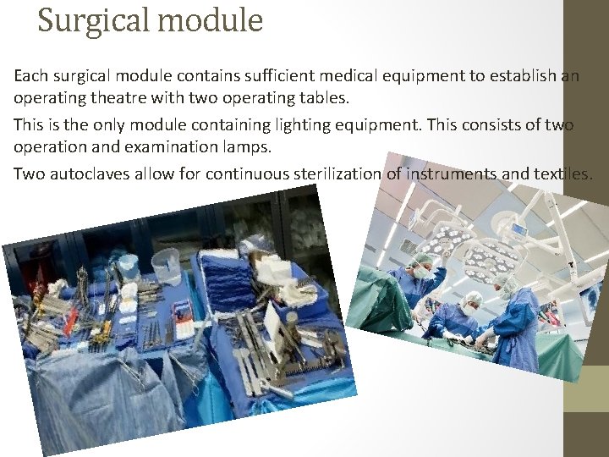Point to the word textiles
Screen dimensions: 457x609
(x=563, y=174)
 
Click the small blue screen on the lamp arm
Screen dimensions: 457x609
(x=518, y=228)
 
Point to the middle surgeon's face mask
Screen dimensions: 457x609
(x=470, y=310)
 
